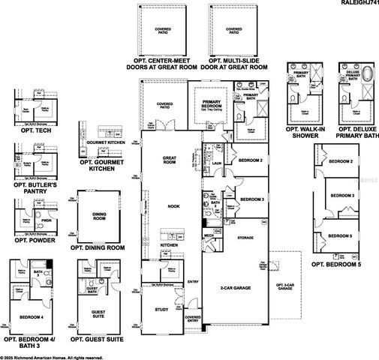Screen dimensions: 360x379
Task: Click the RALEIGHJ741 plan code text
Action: point(356,4)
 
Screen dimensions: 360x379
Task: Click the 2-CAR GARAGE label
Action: point(234,287)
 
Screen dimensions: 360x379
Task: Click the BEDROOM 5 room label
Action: point(342,235)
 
